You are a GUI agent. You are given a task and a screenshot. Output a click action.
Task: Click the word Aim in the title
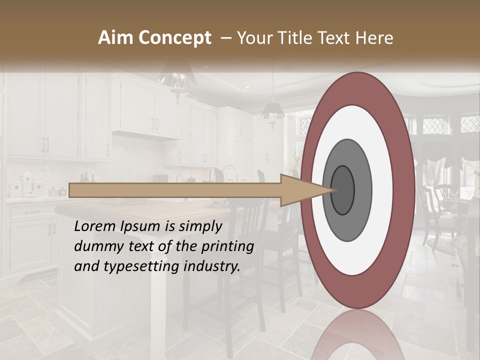pos(115,38)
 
